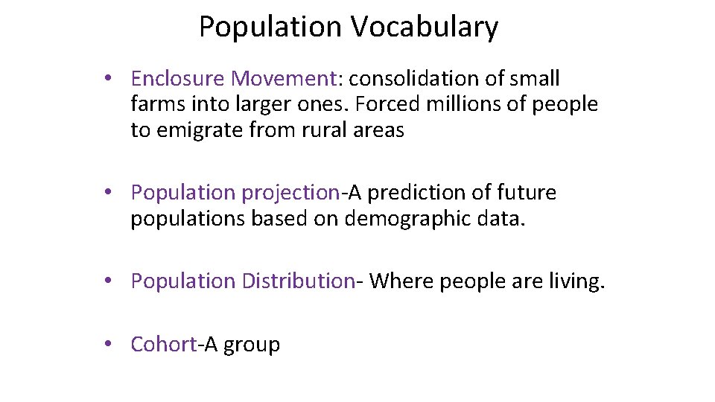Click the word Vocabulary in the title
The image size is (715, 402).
(x=425, y=28)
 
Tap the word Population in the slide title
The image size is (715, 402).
(x=271, y=28)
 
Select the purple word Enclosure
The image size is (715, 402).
(x=178, y=78)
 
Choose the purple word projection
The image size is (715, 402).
(x=290, y=193)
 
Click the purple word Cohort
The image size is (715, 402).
(x=163, y=344)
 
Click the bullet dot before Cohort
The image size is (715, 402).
(x=109, y=344)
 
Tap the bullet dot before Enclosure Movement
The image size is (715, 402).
(x=109, y=78)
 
